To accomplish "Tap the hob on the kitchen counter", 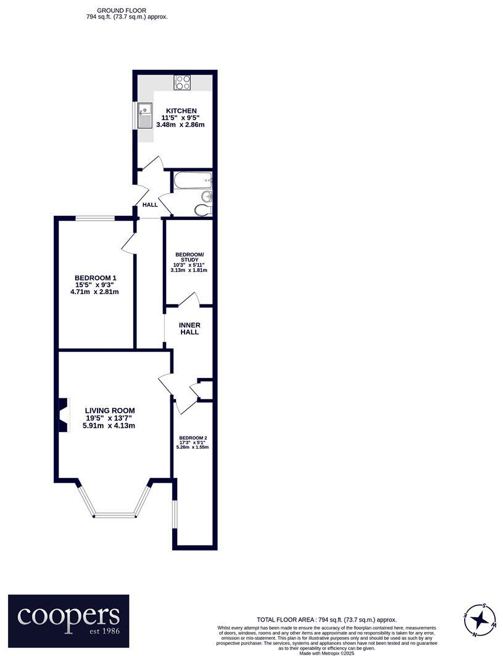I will pos(182,82).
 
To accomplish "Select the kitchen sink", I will pos(144,115).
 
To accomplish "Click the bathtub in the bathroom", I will pos(193,181).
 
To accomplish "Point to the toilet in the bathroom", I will pos(202,210).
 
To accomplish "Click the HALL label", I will pos(150,205).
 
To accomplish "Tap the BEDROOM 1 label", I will pos(96,278).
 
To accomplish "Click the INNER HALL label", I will pos(189,329).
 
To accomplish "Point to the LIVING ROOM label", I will pos(110,411).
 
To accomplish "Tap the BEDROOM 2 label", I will pos(193,438).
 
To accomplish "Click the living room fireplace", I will pos(62,415).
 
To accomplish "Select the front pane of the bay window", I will pos(114,514).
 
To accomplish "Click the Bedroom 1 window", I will pos(95,218).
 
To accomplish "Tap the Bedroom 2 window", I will pos(174,514).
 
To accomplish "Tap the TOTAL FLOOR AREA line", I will pos(326,620).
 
